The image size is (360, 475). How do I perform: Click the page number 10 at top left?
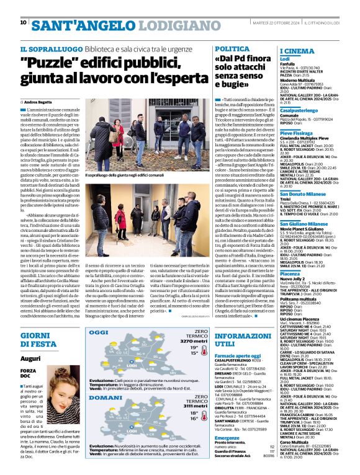pos(23,23)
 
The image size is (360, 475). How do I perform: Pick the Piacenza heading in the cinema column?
pos(291,273)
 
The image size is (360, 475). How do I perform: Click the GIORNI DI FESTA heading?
pos(42,339)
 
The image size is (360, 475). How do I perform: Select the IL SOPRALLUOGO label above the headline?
pos(44,49)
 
